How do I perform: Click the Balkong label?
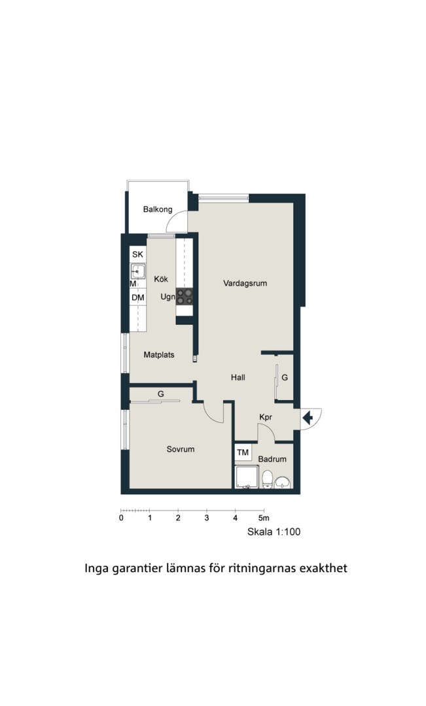pyautogui.click(x=158, y=209)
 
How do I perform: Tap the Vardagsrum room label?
pyautogui.click(x=245, y=283)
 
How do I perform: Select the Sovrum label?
pyautogui.click(x=181, y=449)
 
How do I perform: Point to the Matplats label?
pyautogui.click(x=158, y=355)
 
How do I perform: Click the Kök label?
pyautogui.click(x=161, y=279)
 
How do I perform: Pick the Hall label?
pyautogui.click(x=238, y=377)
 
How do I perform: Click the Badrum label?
pyautogui.click(x=272, y=460)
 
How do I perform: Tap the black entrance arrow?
pyautogui.click(x=308, y=418)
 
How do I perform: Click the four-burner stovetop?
pyautogui.click(x=185, y=296)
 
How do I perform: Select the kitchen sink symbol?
pyautogui.click(x=138, y=272)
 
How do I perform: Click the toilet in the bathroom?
pyautogui.click(x=268, y=479)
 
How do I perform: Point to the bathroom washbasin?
pyautogui.click(x=283, y=482)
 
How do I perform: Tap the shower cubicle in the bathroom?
pyautogui.click(x=247, y=477)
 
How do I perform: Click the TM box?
pyautogui.click(x=243, y=452)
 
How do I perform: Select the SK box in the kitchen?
pyautogui.click(x=137, y=254)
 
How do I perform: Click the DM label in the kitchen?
pyautogui.click(x=138, y=297)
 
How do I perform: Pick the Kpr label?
pyautogui.click(x=266, y=418)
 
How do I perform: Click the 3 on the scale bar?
pyautogui.click(x=207, y=518)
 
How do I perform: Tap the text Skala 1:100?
pyautogui.click(x=274, y=531)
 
